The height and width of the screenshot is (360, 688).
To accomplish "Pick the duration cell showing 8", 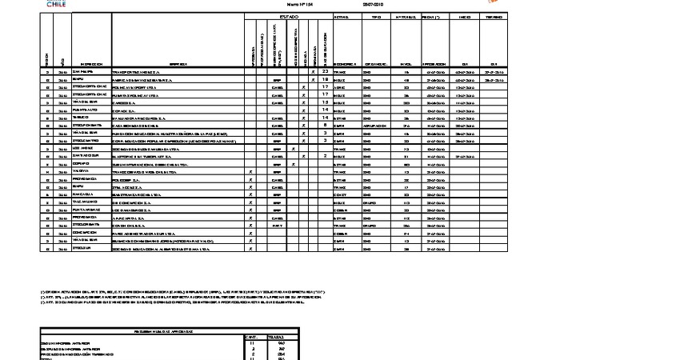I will (x=325, y=125).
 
